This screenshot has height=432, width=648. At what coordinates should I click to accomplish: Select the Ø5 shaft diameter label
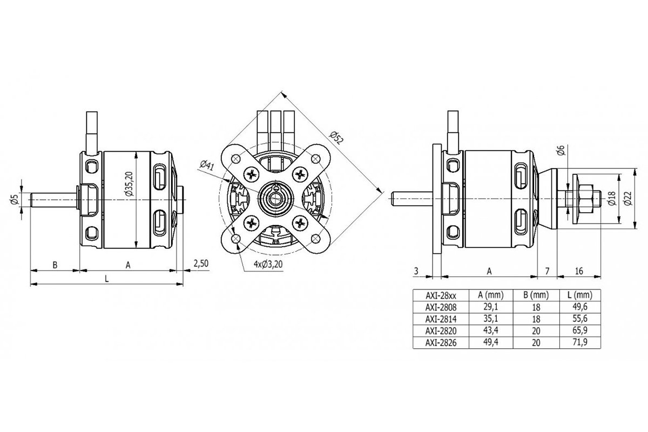16,200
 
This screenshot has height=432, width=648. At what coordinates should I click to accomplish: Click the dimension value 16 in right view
579,271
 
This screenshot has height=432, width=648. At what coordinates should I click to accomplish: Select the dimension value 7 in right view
547,271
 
